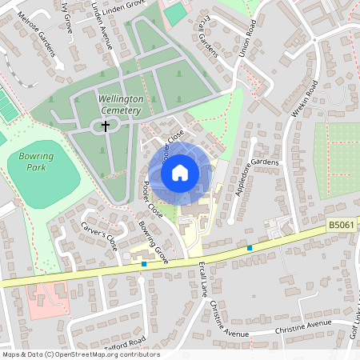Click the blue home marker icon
tap(180, 173)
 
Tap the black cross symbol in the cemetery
tap(105, 125)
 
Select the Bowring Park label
tap(32, 163)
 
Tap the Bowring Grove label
tap(151, 242)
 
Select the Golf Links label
tap(353, 329)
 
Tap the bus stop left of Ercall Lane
tap(144, 263)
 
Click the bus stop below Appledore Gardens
tap(250, 248)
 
